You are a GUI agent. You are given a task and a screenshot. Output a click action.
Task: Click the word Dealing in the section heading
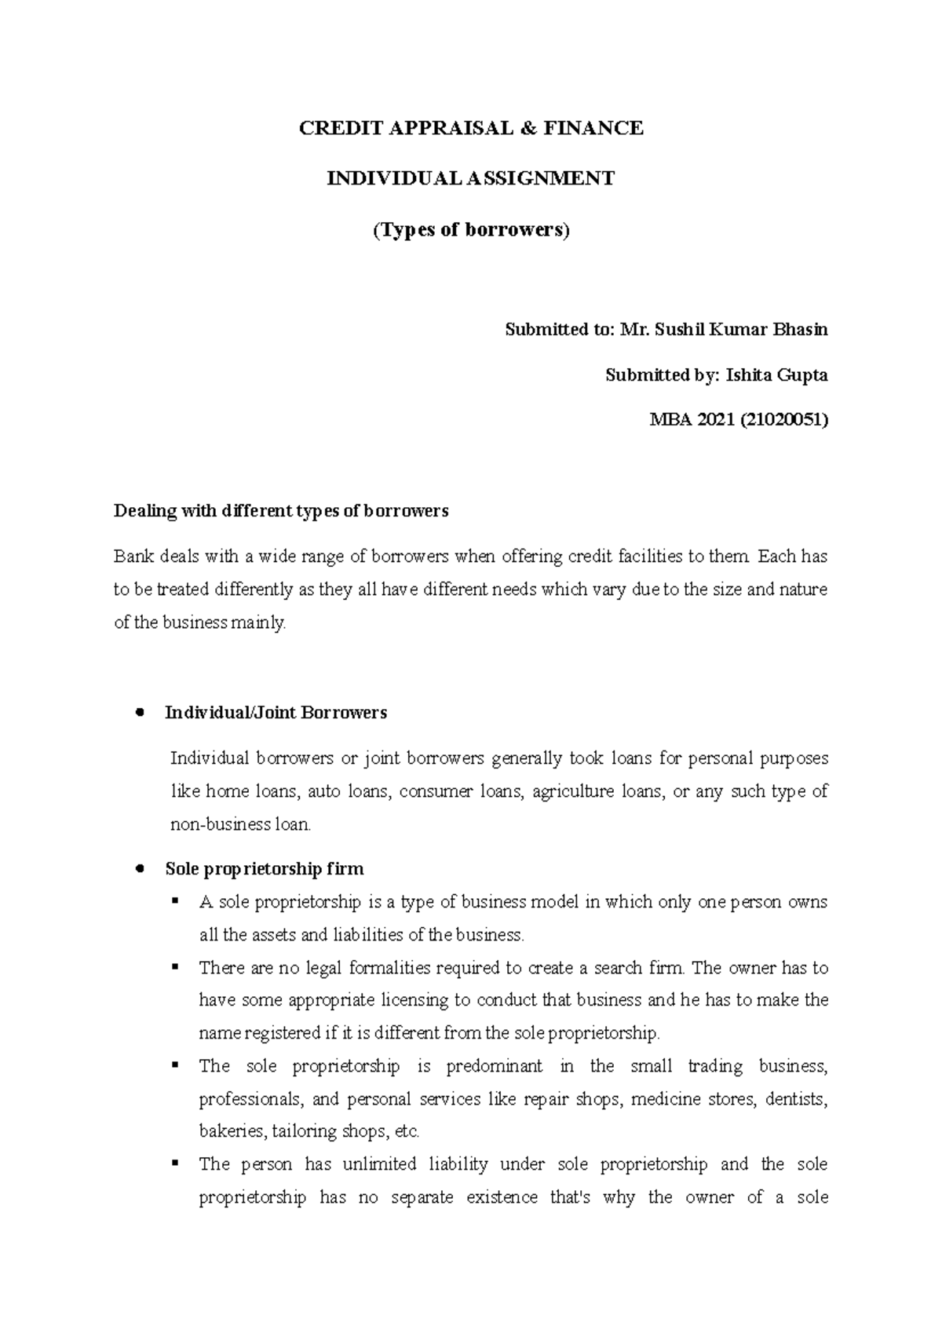tap(145, 511)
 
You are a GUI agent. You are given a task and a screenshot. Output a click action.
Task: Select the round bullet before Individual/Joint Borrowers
tap(139, 713)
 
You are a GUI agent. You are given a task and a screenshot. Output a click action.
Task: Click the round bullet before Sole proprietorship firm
tap(139, 869)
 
